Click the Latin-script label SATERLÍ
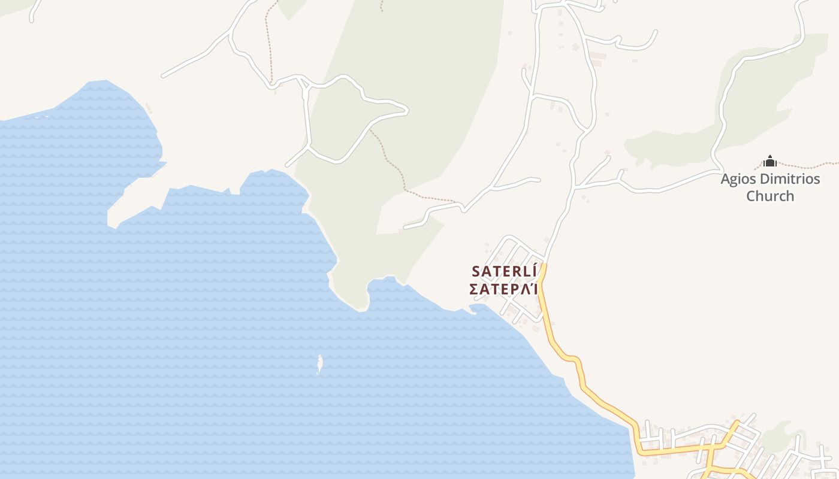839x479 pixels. (x=504, y=271)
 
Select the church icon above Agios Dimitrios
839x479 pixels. (x=770, y=161)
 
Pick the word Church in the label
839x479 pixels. (x=770, y=196)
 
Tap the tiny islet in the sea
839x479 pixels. (x=319, y=363)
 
